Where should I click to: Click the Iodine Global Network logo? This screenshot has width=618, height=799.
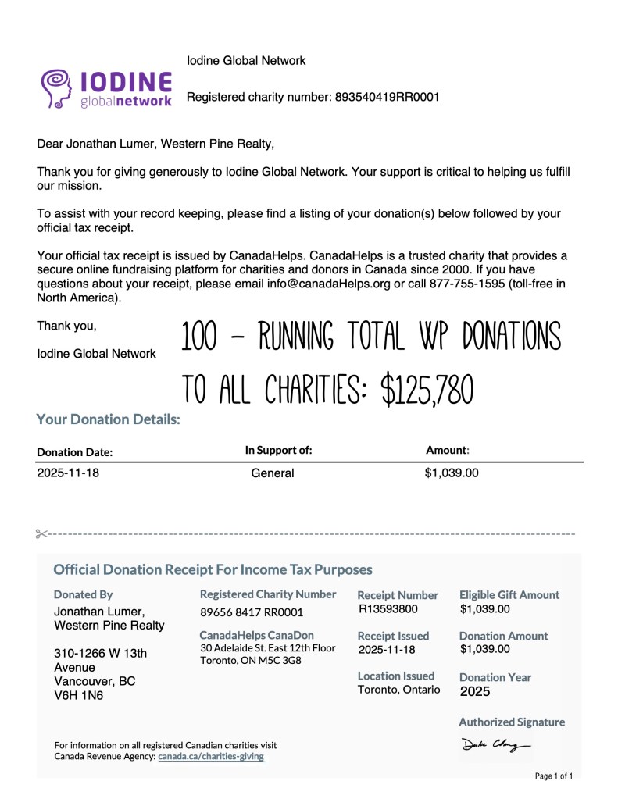[106, 87]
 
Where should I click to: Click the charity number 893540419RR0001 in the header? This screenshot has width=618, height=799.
[387, 98]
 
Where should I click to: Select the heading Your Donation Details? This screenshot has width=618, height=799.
[108, 419]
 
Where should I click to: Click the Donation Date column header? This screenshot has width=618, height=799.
[75, 452]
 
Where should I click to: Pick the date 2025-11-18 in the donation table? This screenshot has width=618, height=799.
[69, 473]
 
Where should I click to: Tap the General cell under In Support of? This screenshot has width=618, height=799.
[273, 473]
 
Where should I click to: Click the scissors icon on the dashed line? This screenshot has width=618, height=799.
[41, 534]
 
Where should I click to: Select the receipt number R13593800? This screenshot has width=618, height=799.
[388, 609]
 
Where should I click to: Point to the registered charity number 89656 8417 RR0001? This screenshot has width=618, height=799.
[252, 612]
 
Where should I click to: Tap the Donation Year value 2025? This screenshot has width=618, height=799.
[475, 691]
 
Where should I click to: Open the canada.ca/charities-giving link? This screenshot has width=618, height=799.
[211, 756]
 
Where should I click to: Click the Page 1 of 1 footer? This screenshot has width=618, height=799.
[554, 776]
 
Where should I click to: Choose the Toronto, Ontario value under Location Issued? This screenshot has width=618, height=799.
[398, 690]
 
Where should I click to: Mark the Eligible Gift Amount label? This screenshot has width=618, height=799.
[509, 595]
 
